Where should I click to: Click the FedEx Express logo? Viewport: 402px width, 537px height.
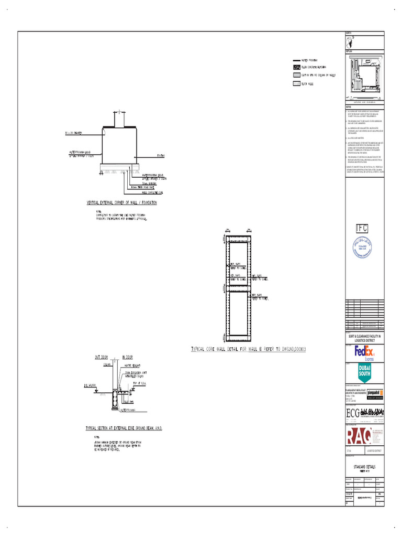click(x=364, y=352)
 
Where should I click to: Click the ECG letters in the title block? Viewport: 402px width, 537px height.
click(x=354, y=413)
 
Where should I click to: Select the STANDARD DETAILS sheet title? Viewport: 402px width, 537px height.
click(x=364, y=466)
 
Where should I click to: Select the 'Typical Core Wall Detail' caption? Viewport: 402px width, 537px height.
click(x=248, y=348)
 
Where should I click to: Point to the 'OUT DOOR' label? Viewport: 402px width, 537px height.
click(x=100, y=357)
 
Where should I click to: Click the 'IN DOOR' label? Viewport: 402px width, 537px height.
click(x=127, y=357)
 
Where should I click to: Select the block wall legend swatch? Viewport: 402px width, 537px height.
click(x=297, y=83)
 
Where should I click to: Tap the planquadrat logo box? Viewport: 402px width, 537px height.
click(x=375, y=392)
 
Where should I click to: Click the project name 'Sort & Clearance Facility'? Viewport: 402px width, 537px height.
click(x=364, y=338)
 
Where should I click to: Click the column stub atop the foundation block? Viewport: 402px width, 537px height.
click(x=119, y=120)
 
